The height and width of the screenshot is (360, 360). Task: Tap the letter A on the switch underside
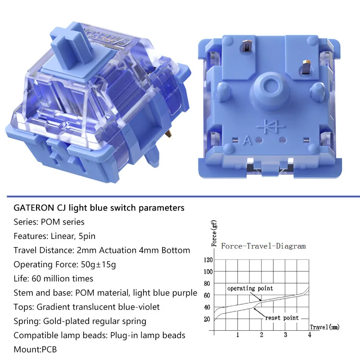point(247,140)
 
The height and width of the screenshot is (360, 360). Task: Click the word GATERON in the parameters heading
point(34,208)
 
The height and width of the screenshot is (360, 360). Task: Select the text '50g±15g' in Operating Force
point(98,265)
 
